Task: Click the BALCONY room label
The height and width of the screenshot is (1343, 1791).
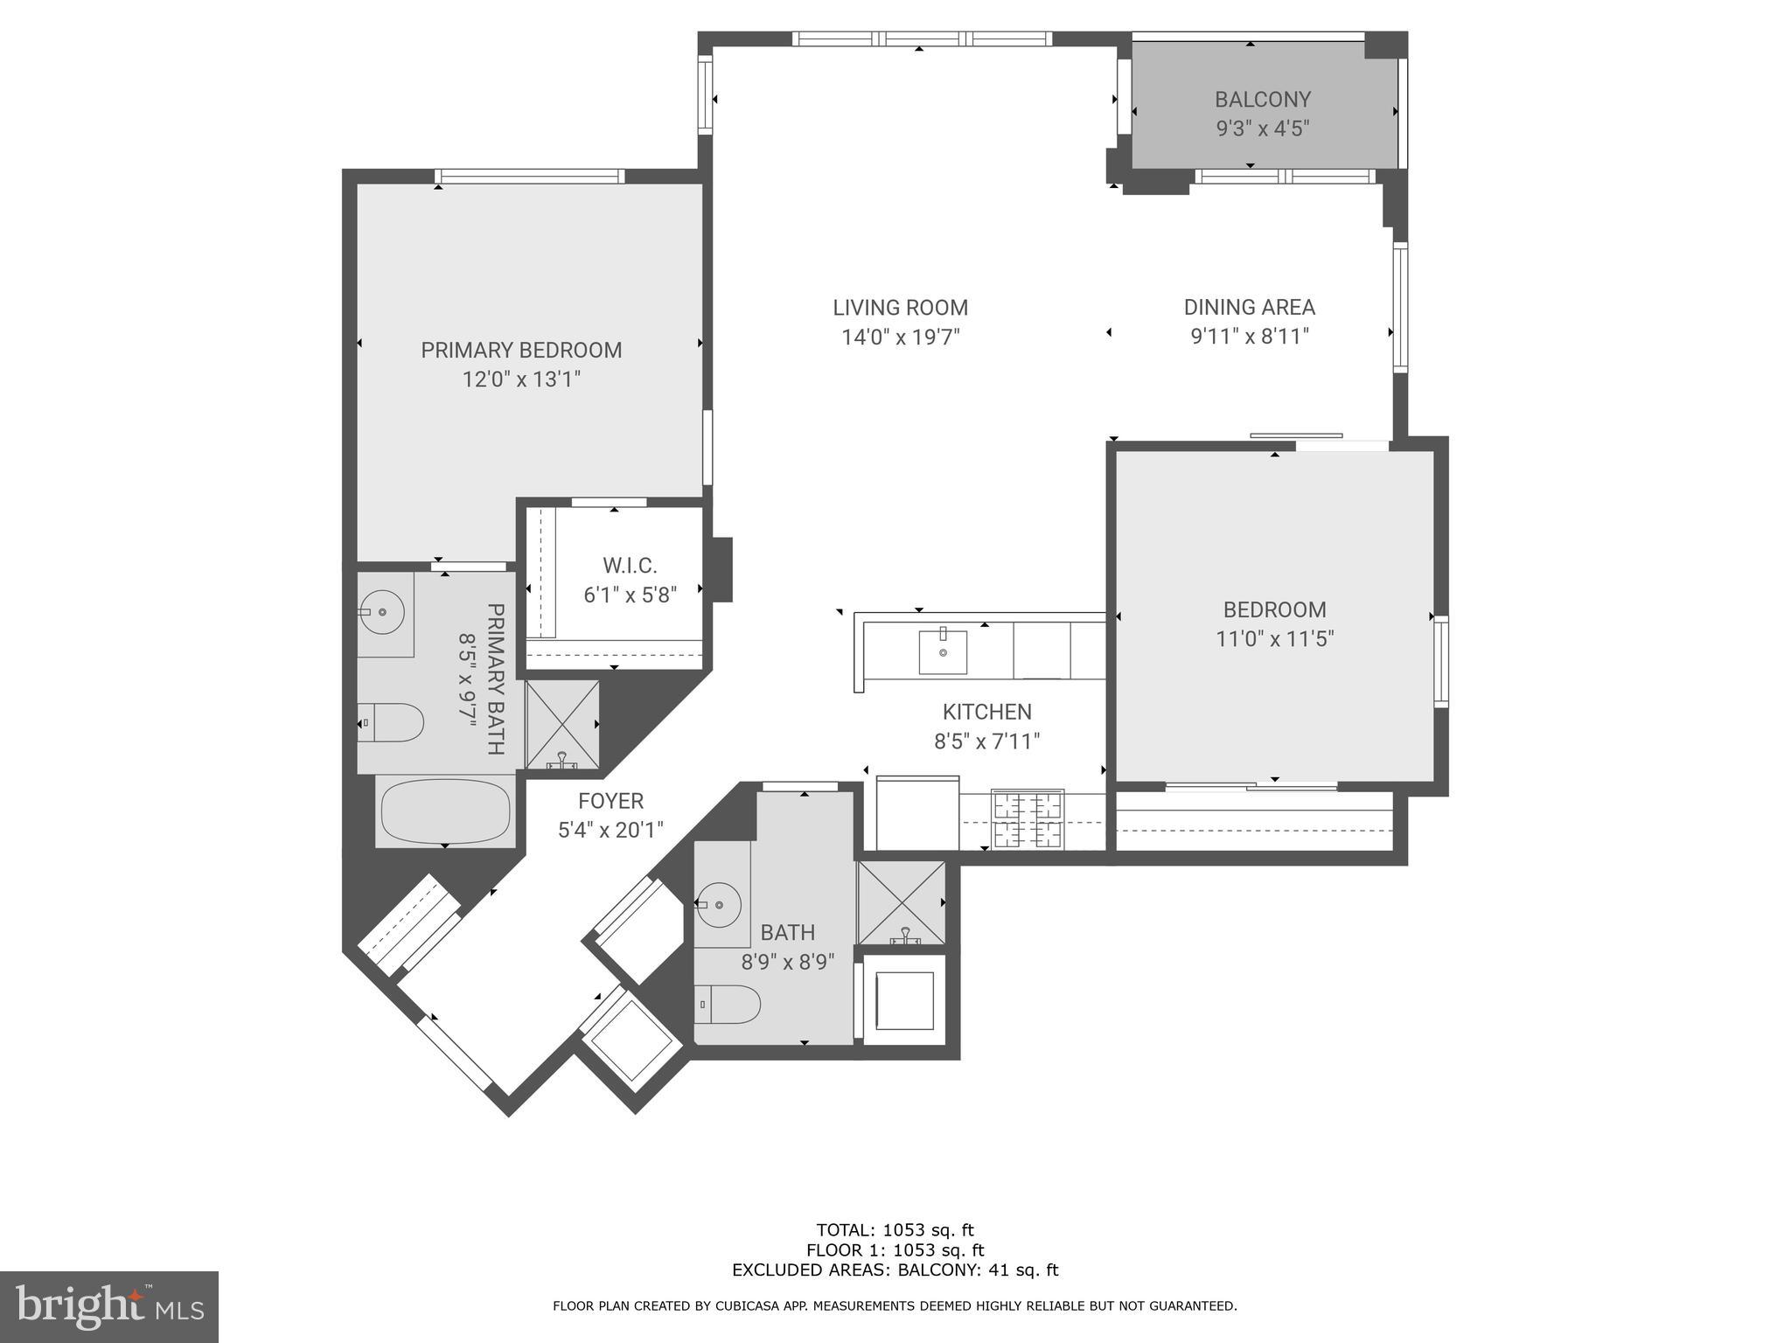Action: [1262, 100]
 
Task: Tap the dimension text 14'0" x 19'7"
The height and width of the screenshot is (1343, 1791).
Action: [900, 337]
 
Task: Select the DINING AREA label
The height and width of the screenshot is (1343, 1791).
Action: [1249, 308]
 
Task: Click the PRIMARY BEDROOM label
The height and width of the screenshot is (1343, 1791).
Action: [521, 351]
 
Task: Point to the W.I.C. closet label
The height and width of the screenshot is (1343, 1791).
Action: [630, 566]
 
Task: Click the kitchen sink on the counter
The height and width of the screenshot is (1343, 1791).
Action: [943, 652]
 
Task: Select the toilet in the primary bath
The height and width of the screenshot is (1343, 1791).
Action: [392, 722]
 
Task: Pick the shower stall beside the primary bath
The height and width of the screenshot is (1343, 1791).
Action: [562, 725]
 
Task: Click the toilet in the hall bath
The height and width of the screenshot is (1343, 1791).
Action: [728, 1005]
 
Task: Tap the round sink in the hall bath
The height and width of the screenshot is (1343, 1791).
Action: [720, 901]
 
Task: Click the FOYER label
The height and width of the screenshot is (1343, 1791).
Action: [610, 801]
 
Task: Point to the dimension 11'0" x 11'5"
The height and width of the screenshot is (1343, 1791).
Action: [1274, 639]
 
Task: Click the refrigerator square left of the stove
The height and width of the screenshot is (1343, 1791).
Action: [917, 812]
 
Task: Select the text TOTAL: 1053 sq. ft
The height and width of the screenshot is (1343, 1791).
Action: [895, 1230]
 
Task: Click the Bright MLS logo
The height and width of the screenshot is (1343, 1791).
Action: [108, 1306]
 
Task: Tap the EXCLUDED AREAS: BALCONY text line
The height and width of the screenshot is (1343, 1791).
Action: [895, 1270]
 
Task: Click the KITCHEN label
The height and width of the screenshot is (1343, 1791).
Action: [986, 712]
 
